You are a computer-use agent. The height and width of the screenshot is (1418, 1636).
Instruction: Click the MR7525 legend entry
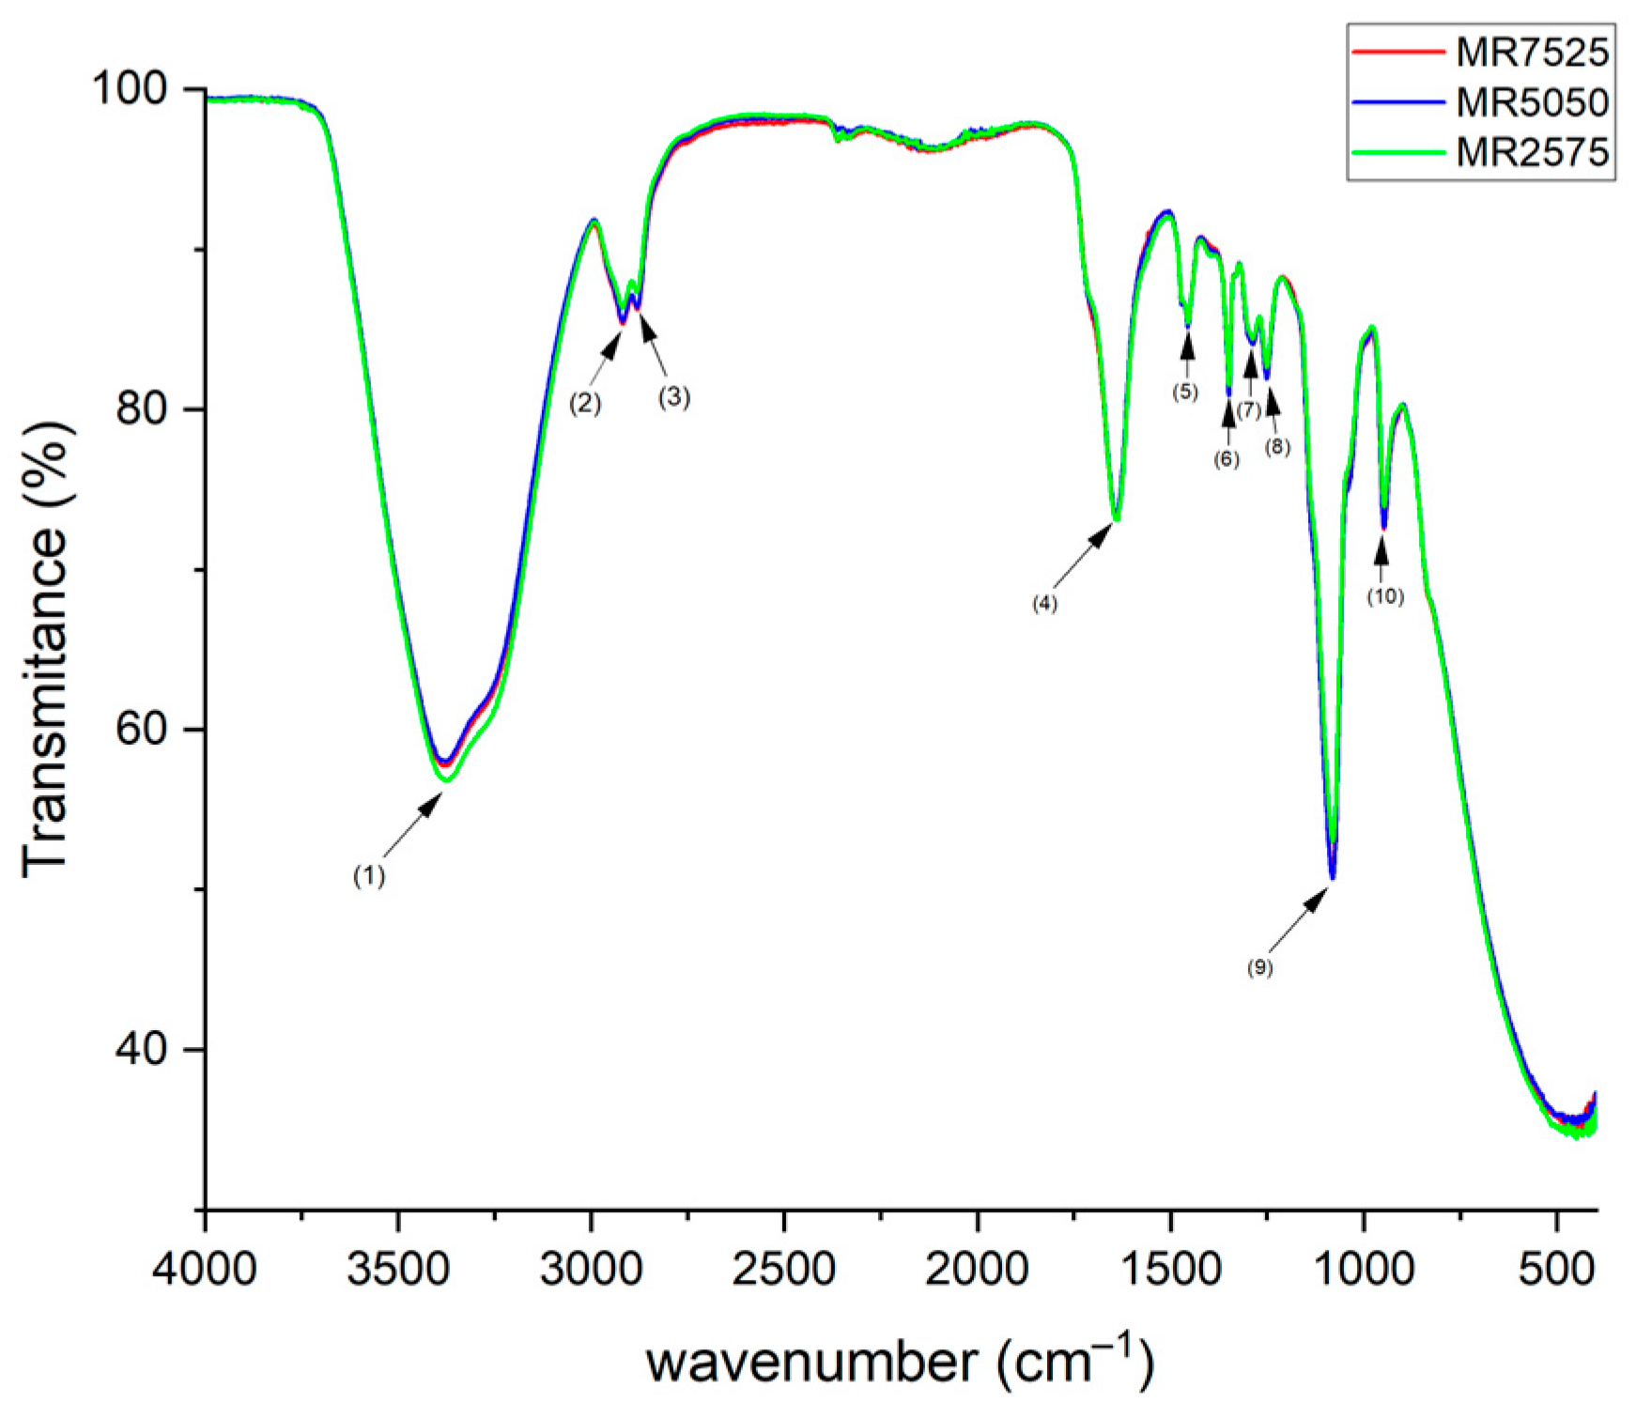click(x=1480, y=52)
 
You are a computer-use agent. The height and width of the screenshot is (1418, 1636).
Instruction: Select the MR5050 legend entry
click(x=1480, y=101)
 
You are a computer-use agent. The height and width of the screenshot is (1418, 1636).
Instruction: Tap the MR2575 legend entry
click(x=1480, y=151)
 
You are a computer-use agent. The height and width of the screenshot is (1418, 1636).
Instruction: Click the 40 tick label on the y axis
click(x=141, y=1049)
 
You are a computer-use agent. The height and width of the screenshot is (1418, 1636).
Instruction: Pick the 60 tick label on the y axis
click(x=141, y=729)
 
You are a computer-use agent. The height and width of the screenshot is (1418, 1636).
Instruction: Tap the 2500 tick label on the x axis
click(x=784, y=1271)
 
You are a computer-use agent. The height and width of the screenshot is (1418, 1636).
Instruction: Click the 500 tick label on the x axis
click(x=1558, y=1271)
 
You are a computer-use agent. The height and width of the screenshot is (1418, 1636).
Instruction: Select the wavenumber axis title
click(x=899, y=1362)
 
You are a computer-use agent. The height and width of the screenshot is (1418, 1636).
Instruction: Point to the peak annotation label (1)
click(x=369, y=876)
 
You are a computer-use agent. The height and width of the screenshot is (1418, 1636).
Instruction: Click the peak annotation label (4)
click(x=1045, y=603)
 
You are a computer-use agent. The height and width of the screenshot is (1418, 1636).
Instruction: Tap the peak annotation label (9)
click(x=1260, y=967)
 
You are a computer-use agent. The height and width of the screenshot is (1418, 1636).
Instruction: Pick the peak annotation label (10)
click(x=1385, y=595)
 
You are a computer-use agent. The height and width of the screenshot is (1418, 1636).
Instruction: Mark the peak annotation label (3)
click(x=673, y=397)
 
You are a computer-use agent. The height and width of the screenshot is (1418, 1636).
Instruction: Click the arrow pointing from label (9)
click(x=1301, y=921)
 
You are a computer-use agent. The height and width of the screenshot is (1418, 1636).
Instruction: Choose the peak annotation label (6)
click(x=1227, y=459)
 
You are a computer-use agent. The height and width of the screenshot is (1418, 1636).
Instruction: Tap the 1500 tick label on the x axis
click(x=1171, y=1271)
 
